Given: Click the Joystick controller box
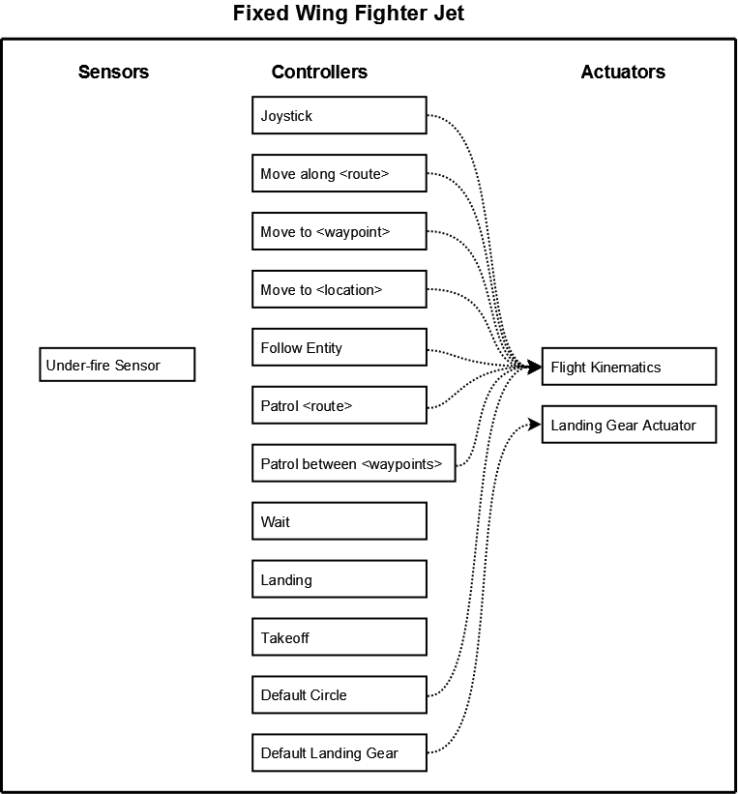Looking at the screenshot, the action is (x=339, y=115).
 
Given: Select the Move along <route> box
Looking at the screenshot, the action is (x=339, y=173).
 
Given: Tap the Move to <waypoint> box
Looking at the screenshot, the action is (x=339, y=231).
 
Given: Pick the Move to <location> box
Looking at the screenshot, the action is (x=339, y=289).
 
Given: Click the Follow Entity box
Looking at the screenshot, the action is (x=339, y=347).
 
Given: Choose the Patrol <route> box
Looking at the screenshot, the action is (x=339, y=405).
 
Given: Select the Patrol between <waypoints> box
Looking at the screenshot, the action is (x=354, y=463).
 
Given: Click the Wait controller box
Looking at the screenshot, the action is (x=339, y=521).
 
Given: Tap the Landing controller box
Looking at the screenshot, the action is (x=339, y=578).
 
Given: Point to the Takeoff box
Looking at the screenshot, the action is (x=339, y=637).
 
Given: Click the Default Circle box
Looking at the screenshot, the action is (x=339, y=694).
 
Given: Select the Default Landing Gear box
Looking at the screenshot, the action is (x=339, y=753).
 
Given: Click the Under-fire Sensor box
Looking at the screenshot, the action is (x=117, y=365).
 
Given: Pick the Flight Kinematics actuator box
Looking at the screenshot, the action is (x=629, y=367).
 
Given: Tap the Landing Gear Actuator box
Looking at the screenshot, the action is (x=629, y=425).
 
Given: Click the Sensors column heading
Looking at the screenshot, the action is (x=113, y=72).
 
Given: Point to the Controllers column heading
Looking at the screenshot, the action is (x=319, y=72).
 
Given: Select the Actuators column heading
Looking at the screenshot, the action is (x=623, y=72).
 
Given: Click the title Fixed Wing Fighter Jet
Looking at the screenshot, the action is (x=348, y=14).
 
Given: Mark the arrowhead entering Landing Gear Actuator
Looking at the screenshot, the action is (x=535, y=425).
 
